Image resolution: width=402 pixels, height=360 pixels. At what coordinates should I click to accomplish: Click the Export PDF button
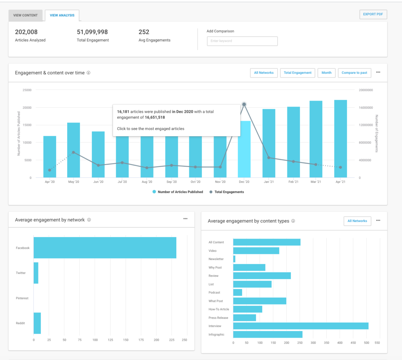[x=373, y=15]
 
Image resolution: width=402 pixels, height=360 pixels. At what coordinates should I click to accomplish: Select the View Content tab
[x=26, y=15]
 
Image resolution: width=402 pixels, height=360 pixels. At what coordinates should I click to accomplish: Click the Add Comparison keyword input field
[x=242, y=41]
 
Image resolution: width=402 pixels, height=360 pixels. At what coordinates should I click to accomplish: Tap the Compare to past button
[x=354, y=73]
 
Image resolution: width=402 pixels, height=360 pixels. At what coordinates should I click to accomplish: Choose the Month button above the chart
[x=326, y=73]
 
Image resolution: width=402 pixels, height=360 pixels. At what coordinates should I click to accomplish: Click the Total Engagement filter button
[x=297, y=73]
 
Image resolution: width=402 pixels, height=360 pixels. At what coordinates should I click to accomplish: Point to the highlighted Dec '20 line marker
[x=244, y=105]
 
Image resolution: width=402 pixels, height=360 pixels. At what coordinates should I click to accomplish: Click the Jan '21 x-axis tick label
[x=269, y=182]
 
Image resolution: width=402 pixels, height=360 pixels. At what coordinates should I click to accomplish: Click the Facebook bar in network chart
[x=105, y=248]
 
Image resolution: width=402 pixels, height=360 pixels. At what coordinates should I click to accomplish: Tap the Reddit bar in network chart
[x=37, y=323]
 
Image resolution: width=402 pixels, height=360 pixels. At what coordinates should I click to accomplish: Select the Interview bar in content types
[x=301, y=326]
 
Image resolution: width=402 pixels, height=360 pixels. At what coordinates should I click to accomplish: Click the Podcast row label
[x=214, y=292]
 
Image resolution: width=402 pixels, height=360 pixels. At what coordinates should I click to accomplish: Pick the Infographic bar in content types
[x=268, y=334]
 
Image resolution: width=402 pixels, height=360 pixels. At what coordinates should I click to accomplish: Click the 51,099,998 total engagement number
[x=92, y=32]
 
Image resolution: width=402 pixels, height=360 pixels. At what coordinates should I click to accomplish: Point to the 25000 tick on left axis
[x=27, y=90]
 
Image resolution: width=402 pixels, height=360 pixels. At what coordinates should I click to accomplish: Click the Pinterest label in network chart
[x=22, y=298]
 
